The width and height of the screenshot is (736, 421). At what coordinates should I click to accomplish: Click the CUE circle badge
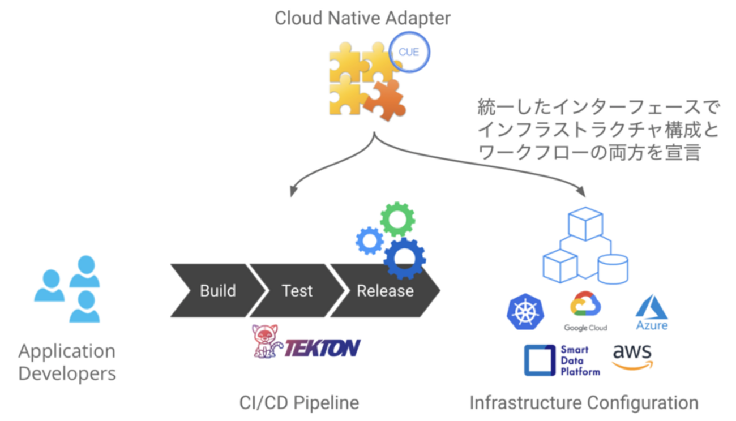point(409,52)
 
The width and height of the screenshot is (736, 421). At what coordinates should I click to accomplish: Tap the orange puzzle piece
point(386,100)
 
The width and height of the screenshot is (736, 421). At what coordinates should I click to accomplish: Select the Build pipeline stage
point(217,290)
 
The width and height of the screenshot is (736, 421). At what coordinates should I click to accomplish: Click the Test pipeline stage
point(297,290)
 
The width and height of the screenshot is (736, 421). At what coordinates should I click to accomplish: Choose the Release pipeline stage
point(385,290)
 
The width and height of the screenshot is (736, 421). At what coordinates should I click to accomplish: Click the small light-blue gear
point(370,240)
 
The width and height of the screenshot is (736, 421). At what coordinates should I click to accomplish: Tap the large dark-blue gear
point(404,257)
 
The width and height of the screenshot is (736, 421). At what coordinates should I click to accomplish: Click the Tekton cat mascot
point(266,341)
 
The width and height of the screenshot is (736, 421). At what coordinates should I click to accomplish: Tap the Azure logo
point(652,313)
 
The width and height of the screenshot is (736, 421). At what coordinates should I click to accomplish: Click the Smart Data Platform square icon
point(540,360)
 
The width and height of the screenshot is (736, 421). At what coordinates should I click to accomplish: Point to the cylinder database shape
point(613,269)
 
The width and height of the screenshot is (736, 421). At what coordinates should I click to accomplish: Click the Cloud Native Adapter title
point(362,18)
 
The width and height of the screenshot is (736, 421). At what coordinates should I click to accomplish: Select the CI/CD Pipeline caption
point(299,403)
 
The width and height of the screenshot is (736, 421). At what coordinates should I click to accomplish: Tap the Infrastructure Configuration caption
point(584,403)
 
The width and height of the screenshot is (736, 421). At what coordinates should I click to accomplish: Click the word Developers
point(67,373)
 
